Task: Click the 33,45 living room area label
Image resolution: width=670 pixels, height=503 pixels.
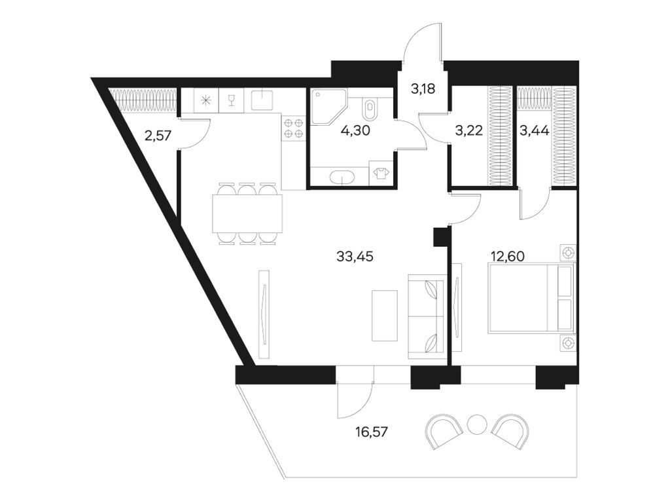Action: (355, 257)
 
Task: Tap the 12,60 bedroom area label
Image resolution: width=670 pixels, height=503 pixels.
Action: (508, 256)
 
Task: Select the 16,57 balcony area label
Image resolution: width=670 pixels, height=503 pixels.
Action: (372, 432)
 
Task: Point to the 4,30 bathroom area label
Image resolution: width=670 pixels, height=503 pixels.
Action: (355, 130)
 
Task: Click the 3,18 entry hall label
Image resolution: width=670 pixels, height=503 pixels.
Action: (423, 89)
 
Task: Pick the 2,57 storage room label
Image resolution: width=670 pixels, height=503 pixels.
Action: (158, 136)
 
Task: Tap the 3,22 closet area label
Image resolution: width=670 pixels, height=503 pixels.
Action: (468, 130)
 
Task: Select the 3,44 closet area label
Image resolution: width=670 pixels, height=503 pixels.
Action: (534, 130)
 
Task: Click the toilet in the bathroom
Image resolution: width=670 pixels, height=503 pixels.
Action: (369, 109)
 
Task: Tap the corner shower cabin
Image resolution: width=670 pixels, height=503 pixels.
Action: (328, 107)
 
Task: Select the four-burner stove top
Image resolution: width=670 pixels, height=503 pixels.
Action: (293, 128)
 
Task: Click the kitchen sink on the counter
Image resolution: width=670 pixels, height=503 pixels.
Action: (262, 100)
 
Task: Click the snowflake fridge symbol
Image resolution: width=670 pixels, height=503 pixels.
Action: (206, 101)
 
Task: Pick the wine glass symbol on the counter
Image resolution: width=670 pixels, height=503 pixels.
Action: (231, 100)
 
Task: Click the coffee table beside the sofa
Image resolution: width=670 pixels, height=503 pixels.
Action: (385, 315)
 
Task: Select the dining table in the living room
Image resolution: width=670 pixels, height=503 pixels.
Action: (247, 214)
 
